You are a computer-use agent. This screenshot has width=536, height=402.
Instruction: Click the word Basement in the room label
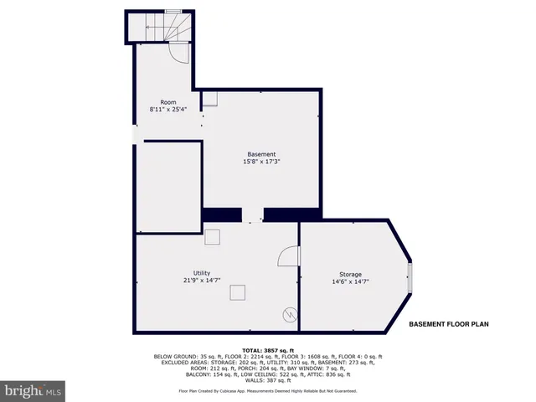(261, 154)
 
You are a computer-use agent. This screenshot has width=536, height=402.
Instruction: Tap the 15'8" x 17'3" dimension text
(261, 162)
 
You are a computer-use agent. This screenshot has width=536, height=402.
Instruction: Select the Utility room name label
(202, 273)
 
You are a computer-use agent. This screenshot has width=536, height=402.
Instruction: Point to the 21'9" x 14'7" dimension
(202, 281)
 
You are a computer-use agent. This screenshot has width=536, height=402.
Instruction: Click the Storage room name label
(350, 275)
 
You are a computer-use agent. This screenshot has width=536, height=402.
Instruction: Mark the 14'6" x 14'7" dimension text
(350, 282)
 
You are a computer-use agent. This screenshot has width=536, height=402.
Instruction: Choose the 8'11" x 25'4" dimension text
(168, 109)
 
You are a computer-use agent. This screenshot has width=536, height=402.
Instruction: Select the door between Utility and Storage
(290, 255)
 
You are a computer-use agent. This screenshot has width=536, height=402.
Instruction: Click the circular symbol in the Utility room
(290, 315)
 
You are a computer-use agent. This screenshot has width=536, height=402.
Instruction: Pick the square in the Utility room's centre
(239, 292)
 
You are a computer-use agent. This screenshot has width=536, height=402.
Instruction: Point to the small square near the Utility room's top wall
(213, 237)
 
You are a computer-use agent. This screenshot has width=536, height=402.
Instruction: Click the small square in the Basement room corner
(210, 99)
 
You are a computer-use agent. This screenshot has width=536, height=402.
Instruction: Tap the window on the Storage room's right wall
(410, 276)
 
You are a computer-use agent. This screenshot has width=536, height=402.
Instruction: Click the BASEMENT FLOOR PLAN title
(448, 324)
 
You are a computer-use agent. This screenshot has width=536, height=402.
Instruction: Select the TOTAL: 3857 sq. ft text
(268, 349)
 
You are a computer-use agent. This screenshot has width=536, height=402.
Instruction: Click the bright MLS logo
(33, 391)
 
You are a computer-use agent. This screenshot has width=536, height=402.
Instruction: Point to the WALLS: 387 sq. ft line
(268, 381)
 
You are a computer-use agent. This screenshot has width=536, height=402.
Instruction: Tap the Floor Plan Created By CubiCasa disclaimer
(268, 391)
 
